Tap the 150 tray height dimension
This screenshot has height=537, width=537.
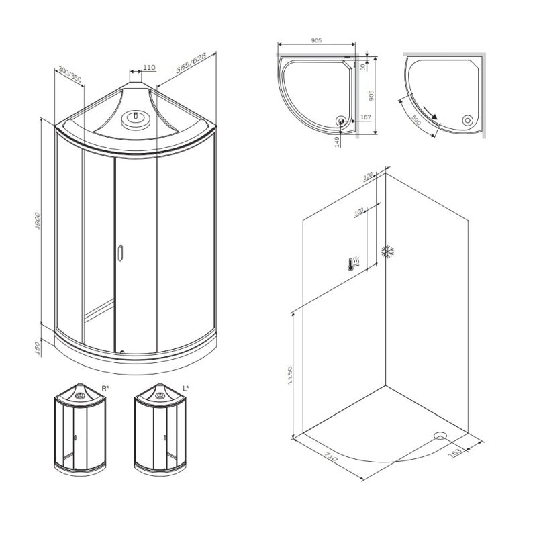(38, 347)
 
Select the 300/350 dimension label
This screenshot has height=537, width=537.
(70, 74)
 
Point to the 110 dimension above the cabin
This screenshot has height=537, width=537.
(149, 68)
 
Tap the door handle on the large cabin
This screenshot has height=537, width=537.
(120, 253)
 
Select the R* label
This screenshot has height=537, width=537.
(105, 388)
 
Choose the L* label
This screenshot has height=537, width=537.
(186, 388)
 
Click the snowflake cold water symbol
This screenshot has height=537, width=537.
(387, 252)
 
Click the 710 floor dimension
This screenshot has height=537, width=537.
(330, 460)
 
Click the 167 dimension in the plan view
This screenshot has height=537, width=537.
(365, 118)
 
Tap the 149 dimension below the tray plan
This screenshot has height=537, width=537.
(337, 142)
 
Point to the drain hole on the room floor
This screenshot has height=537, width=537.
(440, 435)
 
